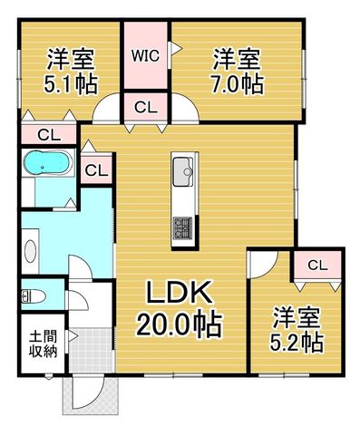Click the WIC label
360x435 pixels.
tap(145, 56)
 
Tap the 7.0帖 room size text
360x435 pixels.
tap(237, 83)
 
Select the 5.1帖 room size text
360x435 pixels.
tap(71, 83)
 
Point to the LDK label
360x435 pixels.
tap(179, 292)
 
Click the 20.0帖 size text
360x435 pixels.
tap(180, 324)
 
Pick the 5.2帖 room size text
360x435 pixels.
tap(297, 343)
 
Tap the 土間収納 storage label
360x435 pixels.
tap(44, 343)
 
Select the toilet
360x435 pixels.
tap(34, 296)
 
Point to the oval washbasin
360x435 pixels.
tap(30, 251)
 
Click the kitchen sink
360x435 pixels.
tap(182, 172)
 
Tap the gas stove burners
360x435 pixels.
tap(182, 228)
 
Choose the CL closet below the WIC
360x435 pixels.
tap(146, 107)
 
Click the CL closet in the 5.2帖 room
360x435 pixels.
tap(317, 266)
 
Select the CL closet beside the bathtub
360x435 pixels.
tap(96, 170)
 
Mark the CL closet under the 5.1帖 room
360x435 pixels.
tap(49, 135)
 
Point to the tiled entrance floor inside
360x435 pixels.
tap(91, 350)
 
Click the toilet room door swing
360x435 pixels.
tap(78, 300)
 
